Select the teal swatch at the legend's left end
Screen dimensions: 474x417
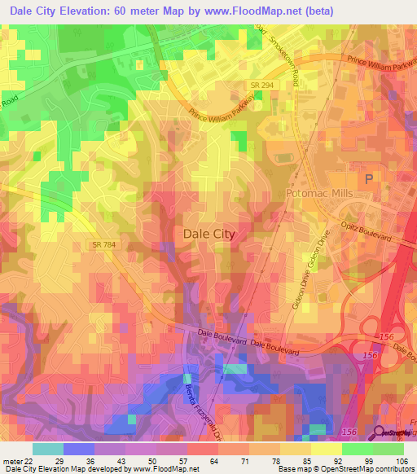[x=47, y=449]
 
